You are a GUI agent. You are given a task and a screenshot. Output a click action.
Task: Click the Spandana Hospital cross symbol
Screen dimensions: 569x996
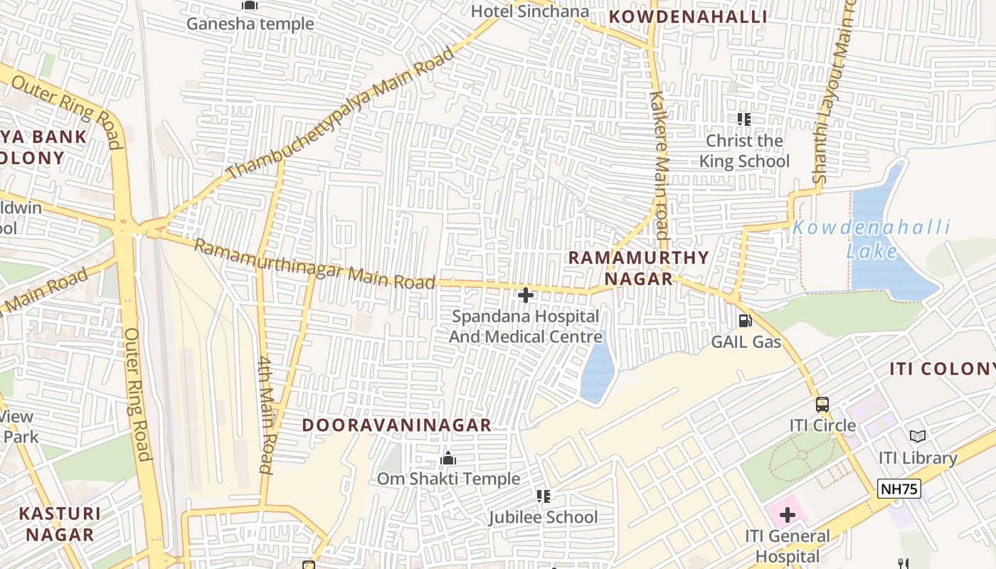tap(526, 294)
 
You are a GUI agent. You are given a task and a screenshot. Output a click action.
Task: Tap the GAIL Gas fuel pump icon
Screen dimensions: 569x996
tap(745, 321)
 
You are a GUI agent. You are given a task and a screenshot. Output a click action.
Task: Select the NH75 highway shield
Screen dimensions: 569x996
tap(899, 489)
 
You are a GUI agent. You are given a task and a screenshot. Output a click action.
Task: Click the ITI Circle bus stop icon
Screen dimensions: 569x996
tap(822, 405)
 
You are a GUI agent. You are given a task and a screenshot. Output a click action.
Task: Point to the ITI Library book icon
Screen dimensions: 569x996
tap(918, 436)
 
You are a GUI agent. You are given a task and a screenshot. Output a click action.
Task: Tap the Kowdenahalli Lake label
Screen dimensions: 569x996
tap(871, 239)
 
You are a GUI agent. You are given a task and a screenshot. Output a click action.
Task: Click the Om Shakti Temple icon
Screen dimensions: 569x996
tap(447, 458)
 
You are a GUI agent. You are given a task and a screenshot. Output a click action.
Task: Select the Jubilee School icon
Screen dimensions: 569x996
tap(544, 496)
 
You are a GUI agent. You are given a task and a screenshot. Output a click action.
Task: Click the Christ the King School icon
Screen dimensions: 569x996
tap(744, 119)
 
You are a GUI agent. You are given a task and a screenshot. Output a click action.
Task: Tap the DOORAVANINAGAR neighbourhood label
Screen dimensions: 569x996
tap(396, 425)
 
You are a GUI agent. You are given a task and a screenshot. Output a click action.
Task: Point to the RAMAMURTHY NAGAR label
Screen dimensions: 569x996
tap(639, 267)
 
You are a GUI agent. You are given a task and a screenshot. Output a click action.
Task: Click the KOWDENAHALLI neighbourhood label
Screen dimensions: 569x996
tap(687, 17)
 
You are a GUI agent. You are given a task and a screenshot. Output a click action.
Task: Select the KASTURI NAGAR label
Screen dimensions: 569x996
tap(60, 523)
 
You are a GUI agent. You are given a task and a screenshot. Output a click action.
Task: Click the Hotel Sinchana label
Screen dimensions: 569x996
tap(530, 11)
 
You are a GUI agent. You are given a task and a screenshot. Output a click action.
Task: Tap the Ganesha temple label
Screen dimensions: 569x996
tap(250, 23)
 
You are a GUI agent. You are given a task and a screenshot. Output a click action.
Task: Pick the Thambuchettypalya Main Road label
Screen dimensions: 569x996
tap(340, 113)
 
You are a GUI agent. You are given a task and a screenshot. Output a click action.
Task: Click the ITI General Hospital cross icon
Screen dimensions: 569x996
tap(787, 514)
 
